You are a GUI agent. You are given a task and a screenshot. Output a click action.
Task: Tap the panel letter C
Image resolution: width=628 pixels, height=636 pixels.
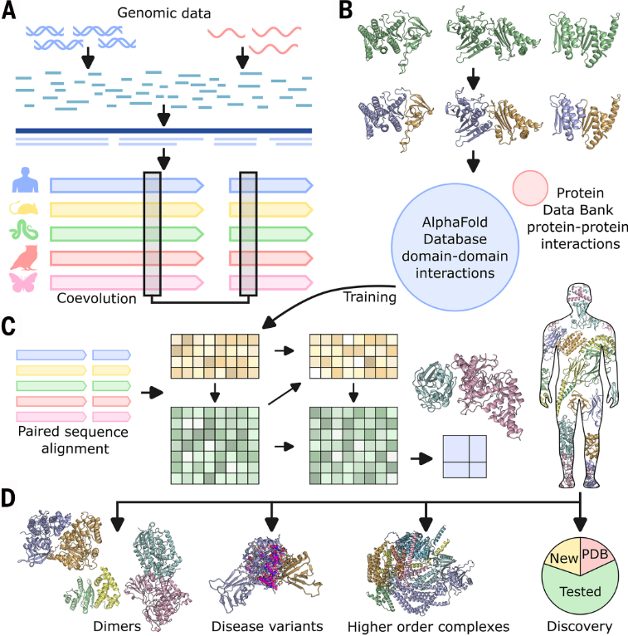[x=9, y=323]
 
